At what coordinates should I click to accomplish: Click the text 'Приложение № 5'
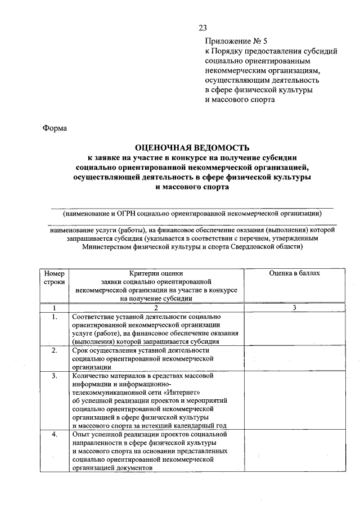[233, 41]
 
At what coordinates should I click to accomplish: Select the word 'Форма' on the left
[55, 128]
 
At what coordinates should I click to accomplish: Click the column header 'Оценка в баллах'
[294, 273]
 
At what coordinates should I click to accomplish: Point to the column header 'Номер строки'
[55, 277]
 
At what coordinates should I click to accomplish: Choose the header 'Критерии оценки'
[156, 273]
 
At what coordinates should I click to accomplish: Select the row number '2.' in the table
[55, 350]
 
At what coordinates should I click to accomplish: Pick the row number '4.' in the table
[55, 435]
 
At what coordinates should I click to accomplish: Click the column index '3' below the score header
[294, 308]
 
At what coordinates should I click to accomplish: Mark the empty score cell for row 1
[294, 329]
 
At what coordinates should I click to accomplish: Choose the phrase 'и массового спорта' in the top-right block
[240, 100]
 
